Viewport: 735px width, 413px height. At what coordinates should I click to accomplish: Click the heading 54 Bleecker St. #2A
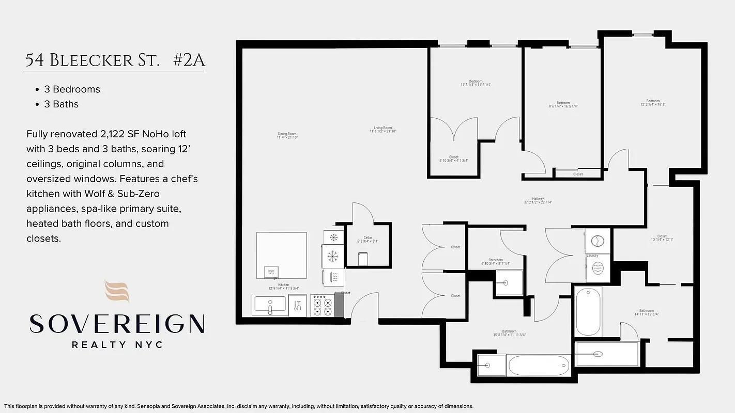pos(115,60)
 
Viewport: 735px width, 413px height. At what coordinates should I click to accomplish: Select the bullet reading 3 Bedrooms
pos(72,89)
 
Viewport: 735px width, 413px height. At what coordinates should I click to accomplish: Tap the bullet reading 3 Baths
pos(61,104)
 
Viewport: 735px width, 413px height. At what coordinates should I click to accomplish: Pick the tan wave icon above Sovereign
pos(117,291)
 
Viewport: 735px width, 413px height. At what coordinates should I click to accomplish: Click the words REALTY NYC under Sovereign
pos(117,344)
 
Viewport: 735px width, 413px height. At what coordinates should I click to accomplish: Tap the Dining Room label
pos(287,136)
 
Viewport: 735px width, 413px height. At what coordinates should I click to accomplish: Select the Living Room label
pos(383,130)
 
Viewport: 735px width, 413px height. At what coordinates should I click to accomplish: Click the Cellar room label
pos(367,240)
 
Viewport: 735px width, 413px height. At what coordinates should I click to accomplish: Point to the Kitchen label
pos(284,287)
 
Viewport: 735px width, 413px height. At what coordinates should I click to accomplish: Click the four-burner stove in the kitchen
pos(322,305)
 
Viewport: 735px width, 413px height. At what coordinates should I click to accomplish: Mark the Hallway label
pos(538,200)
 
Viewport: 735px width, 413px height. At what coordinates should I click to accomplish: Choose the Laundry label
pos(592,256)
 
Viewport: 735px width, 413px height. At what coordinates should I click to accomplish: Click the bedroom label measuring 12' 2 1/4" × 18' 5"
pos(652,103)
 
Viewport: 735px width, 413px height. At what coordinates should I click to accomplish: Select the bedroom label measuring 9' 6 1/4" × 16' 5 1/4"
pos(563,104)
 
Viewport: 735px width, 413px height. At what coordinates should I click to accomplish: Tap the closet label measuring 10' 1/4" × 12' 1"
pos(662,238)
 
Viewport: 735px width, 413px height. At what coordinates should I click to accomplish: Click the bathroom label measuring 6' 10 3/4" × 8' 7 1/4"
pos(495,262)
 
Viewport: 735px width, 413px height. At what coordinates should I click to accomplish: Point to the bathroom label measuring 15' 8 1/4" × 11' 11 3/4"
pos(509,333)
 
